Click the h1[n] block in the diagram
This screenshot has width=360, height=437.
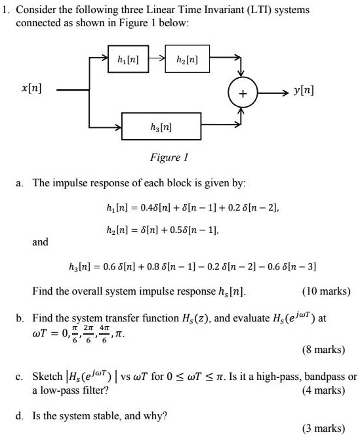pos(128,59)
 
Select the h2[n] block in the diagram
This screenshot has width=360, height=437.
pos(187,59)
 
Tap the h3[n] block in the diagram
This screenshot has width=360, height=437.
pos(161,126)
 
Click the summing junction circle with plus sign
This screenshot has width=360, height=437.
pos(243,93)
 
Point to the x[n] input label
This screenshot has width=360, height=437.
pos(31,89)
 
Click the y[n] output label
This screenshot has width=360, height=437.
pos(304,91)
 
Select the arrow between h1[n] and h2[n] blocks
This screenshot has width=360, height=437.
pos(157,58)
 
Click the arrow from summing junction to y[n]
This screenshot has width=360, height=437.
pos(273,93)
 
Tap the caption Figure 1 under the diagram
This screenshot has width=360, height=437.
pos(169,157)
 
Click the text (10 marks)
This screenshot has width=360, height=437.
pos(327,291)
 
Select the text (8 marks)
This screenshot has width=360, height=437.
pos(323,349)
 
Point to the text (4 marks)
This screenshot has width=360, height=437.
pos(323,390)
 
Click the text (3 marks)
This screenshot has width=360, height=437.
pos(323,428)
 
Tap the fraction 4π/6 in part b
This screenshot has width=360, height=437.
pos(104,333)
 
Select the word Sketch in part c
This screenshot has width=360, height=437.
pos(47,376)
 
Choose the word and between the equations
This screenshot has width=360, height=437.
pos(41,241)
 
